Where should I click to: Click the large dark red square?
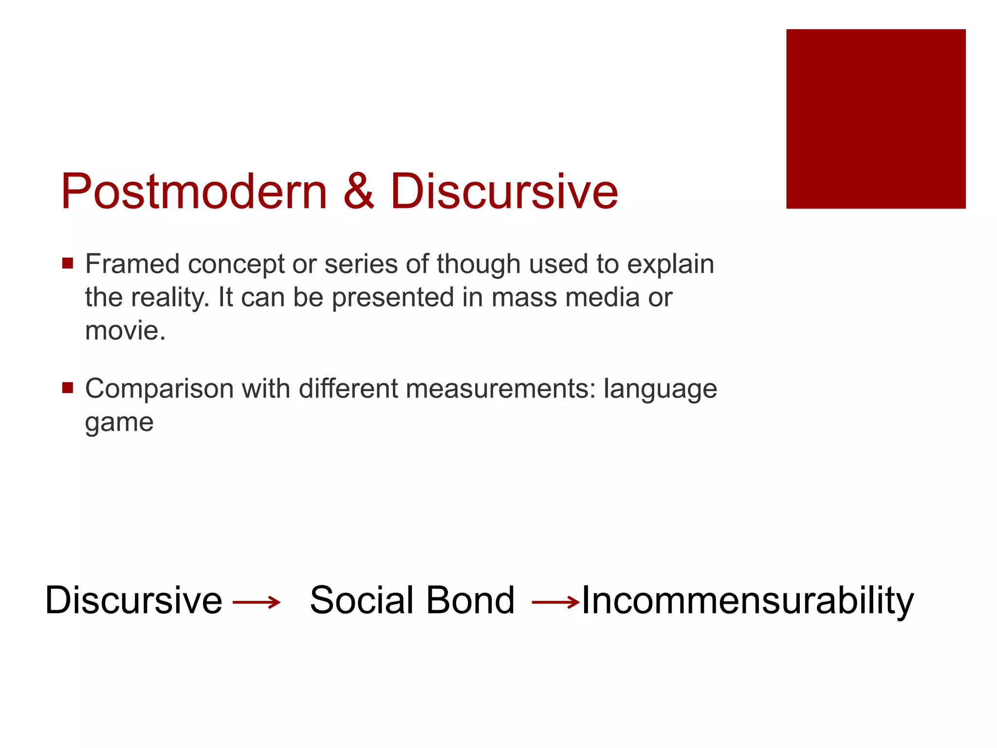point(875,119)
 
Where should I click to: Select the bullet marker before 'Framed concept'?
point(68,264)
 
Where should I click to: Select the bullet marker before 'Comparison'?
point(68,388)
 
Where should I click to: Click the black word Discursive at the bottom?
point(133,600)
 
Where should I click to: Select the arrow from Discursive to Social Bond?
point(257,602)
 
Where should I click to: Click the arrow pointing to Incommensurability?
point(555,602)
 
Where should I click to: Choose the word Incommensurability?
point(748,601)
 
